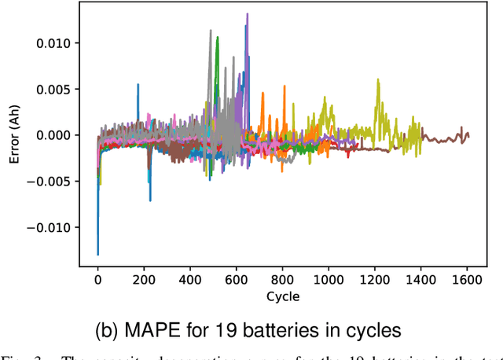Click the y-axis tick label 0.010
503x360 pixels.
pos(56,42)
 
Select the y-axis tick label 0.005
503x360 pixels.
pos(56,89)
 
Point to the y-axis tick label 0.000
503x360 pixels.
pos(56,135)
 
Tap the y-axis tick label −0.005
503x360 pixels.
pos(52,182)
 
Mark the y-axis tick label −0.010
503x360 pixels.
pos(52,228)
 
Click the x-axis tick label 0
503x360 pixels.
pos(97,280)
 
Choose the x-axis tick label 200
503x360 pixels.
pos(144,280)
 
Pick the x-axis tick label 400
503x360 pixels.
pos(190,280)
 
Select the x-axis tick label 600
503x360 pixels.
pos(237,280)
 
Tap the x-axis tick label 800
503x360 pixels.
pos(283,280)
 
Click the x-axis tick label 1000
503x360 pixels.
pos(329,280)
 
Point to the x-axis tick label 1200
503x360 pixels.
pos(376,280)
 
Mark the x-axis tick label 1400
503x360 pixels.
pos(422,280)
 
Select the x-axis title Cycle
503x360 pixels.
pos(283,297)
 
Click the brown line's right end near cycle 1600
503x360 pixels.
pos(468,134)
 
